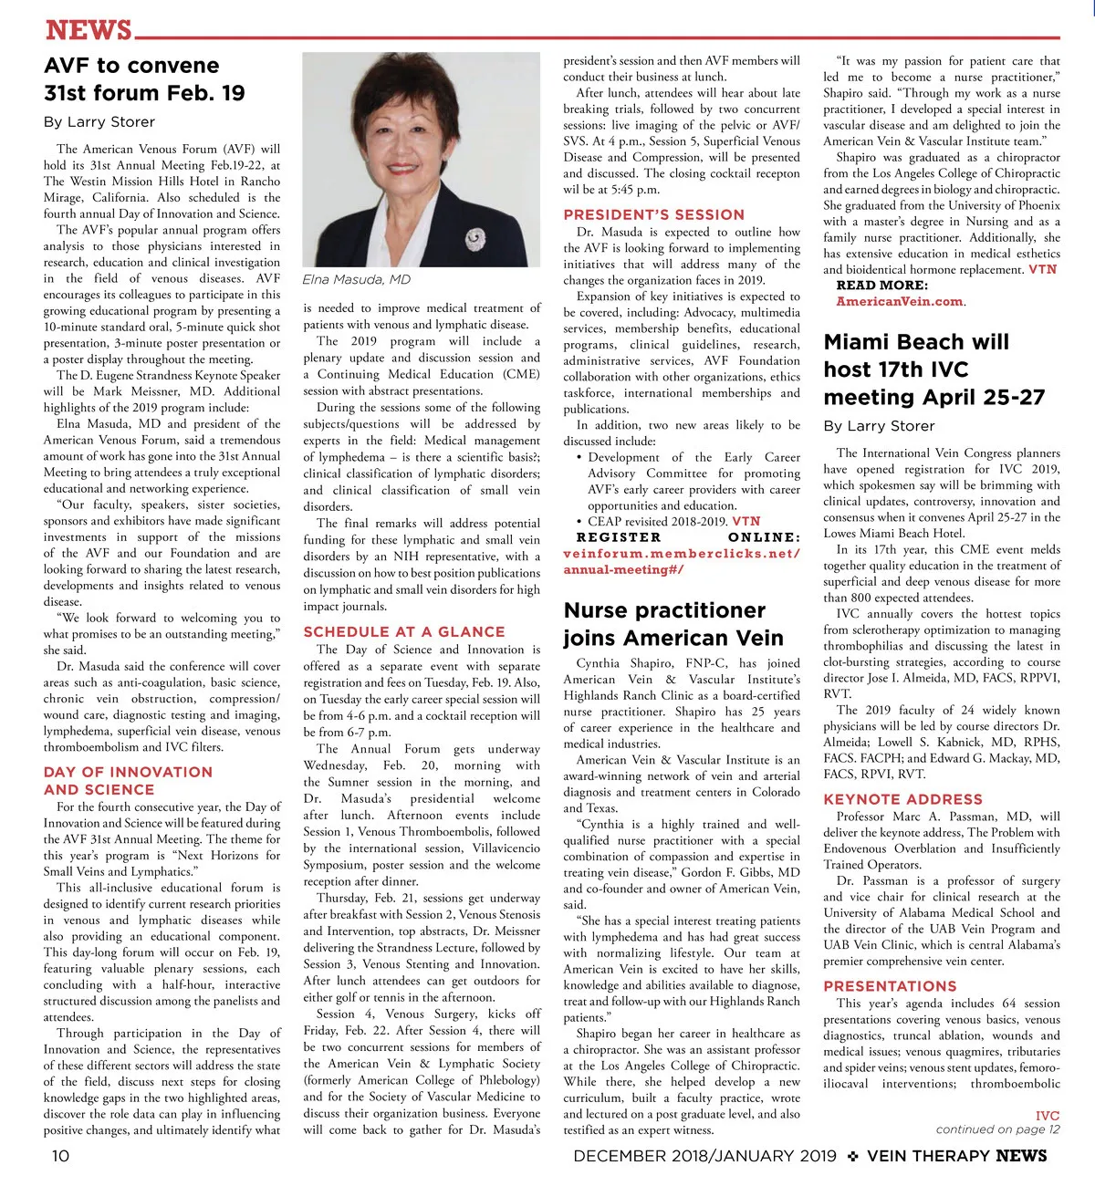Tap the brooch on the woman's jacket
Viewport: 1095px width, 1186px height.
474,240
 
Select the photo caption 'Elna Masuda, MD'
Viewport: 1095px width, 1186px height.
357,280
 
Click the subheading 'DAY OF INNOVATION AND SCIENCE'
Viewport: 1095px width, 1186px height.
128,781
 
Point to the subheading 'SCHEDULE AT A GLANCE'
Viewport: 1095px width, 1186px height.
404,631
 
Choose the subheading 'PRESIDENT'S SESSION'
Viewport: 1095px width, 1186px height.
654,214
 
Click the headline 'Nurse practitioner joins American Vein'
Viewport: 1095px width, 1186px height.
673,624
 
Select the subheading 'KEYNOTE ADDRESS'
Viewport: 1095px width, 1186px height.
902,799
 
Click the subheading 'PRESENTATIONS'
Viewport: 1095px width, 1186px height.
890,986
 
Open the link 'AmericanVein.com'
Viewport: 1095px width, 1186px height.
900,302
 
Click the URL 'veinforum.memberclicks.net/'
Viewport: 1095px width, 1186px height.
682,554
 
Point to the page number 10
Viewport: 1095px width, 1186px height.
59,1157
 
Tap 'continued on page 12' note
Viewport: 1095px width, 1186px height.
997,1129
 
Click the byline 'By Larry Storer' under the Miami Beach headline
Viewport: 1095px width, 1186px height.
879,426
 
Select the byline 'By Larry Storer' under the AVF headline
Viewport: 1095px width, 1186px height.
99,122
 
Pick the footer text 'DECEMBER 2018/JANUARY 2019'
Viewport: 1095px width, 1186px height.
704,1157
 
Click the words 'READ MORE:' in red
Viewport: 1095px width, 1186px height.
881,286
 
